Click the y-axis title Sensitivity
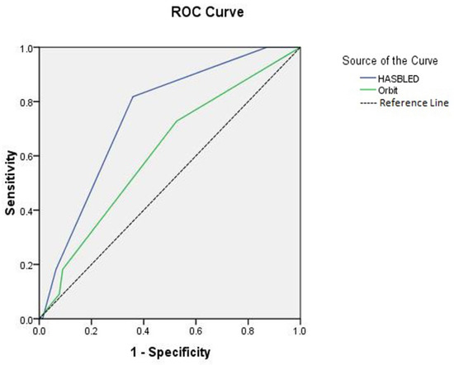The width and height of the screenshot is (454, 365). coord(11,182)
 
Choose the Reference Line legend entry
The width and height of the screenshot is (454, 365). coord(391,102)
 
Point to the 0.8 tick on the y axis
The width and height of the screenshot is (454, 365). coord(28,102)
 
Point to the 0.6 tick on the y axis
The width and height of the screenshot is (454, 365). coord(28,156)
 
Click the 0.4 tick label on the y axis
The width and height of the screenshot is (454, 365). coord(28,211)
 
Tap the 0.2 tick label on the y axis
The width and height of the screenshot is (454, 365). coord(28,264)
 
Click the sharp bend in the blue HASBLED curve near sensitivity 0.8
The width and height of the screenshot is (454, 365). coord(133,97)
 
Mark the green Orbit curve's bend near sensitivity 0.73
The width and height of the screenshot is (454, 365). coord(177,121)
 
